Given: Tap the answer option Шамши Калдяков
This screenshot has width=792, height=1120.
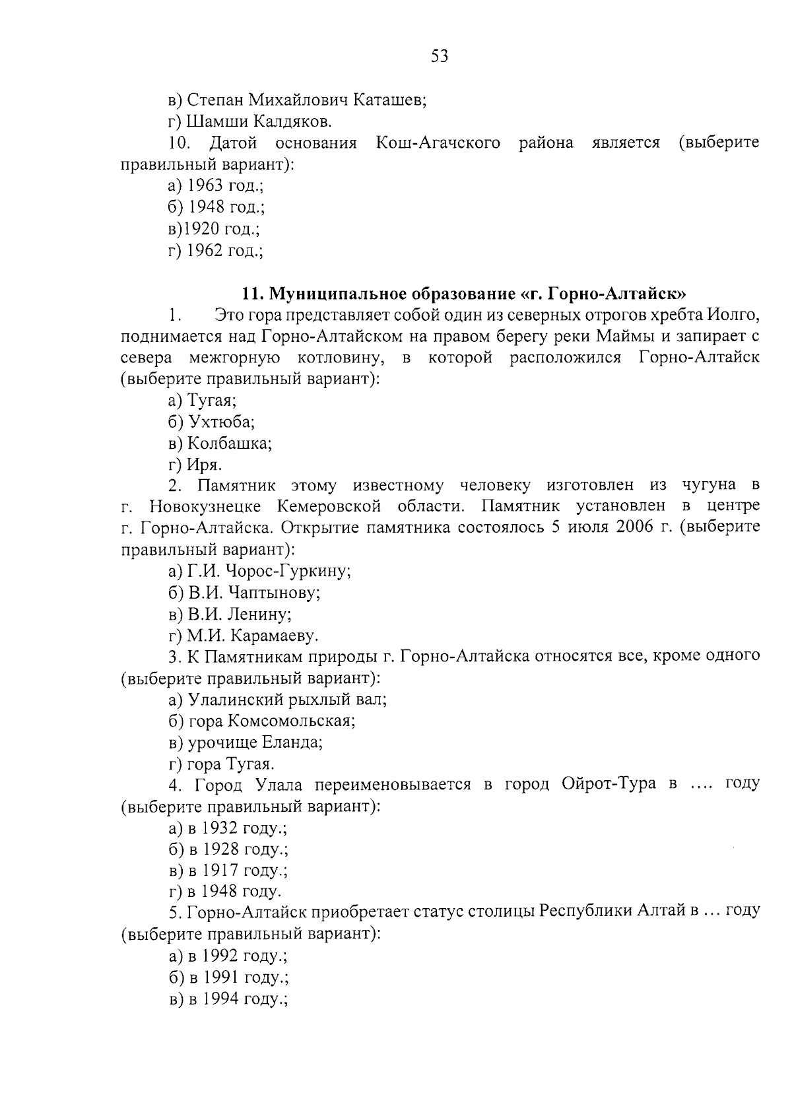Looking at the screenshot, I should pyautogui.click(x=250, y=121).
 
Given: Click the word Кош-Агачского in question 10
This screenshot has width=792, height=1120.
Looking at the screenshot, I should pyautogui.click(x=437, y=143).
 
